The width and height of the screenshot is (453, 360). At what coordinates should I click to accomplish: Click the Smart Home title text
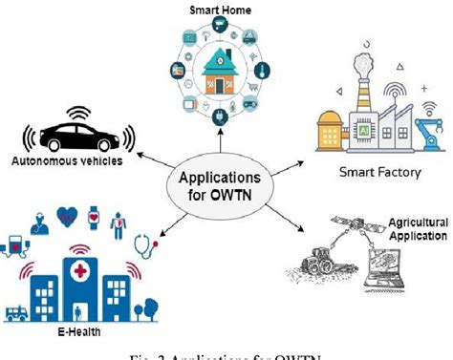[221, 9]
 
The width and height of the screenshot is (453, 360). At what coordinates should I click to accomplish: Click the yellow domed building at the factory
[326, 121]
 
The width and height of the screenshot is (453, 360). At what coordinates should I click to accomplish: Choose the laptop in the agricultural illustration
[394, 265]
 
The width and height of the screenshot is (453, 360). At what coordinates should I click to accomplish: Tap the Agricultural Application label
[417, 228]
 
